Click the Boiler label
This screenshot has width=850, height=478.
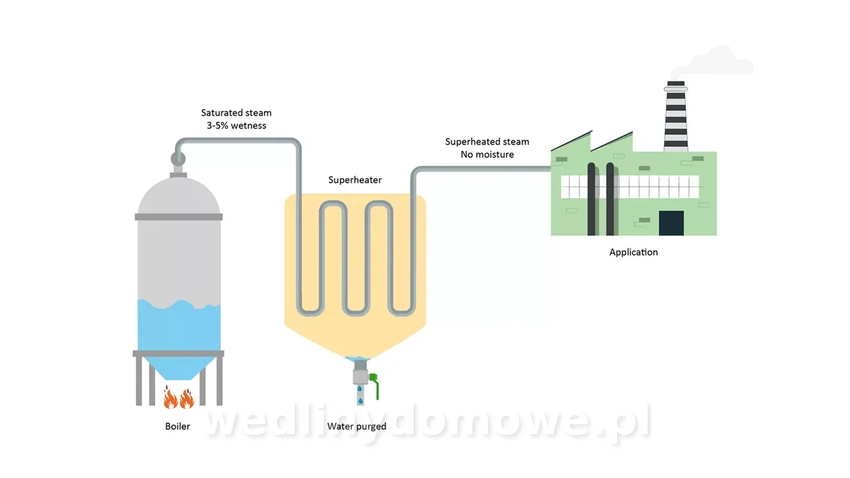click(x=178, y=426)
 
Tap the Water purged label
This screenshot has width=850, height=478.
click(x=357, y=426)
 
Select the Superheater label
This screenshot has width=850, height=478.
click(x=355, y=180)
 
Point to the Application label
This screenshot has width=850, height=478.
click(x=633, y=252)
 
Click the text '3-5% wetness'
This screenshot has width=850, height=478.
click(x=237, y=125)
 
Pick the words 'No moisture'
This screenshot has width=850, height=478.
click(x=487, y=154)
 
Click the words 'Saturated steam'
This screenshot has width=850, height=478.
click(x=236, y=113)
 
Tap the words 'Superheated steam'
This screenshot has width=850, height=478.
click(x=487, y=142)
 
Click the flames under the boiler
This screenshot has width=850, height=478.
click(x=178, y=397)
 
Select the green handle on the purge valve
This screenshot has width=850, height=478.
click(x=375, y=385)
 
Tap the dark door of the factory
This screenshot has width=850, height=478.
click(x=671, y=223)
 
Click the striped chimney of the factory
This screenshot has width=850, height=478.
click(x=676, y=116)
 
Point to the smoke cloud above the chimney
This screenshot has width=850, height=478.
click(x=713, y=62)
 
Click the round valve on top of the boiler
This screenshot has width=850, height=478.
click(x=178, y=159)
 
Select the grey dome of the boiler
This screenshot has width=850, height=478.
click(x=178, y=195)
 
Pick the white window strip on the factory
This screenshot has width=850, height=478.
click(x=630, y=187)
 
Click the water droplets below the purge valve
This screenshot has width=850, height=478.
click(x=360, y=394)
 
